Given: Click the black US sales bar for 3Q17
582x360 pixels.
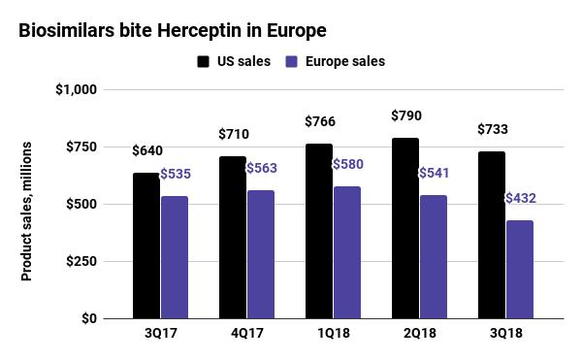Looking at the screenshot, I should [146, 245].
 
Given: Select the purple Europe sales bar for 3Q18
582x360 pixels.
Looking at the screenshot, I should [520, 270].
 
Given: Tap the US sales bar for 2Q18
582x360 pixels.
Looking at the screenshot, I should [405, 228].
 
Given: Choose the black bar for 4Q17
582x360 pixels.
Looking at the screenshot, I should [233, 238].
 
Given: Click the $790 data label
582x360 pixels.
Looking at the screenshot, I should [405, 115].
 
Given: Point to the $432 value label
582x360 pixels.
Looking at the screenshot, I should [520, 198].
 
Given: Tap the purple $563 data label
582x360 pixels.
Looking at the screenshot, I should [262, 168].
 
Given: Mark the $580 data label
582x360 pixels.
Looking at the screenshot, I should [348, 164].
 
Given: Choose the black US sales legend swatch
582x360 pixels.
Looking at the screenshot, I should [204, 62].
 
